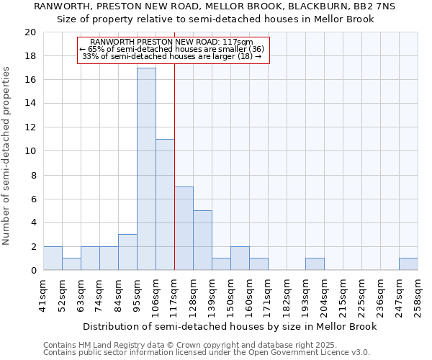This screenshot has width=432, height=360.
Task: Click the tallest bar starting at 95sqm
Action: click(146, 169)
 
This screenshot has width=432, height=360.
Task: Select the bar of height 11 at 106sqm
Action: click(165, 205)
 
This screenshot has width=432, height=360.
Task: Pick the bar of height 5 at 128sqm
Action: click(202, 240)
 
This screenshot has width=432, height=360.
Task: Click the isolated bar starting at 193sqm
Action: click(315, 264)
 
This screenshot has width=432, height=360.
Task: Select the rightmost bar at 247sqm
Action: click(408, 264)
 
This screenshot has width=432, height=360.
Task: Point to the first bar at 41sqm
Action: click(53, 258)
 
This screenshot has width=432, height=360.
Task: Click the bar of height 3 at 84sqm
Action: click(127, 253)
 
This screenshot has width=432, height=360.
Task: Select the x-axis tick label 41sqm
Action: click(44, 294)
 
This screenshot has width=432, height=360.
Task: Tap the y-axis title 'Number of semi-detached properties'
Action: click(7, 156)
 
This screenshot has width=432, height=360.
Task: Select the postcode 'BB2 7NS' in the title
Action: click(377, 6)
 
